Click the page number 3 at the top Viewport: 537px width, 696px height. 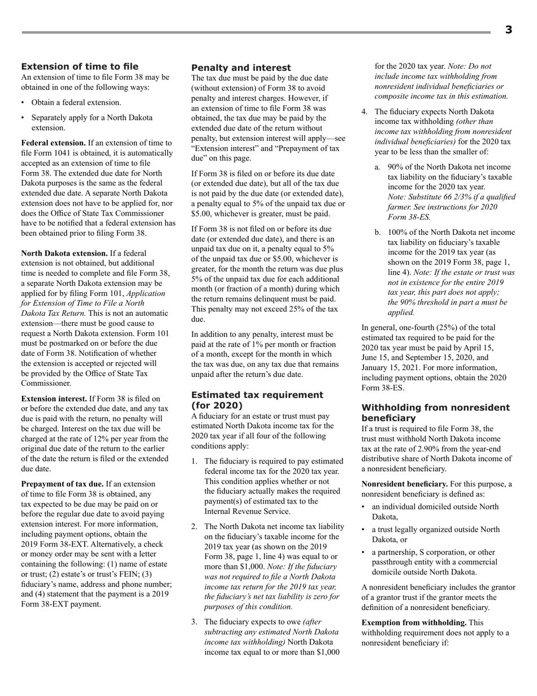click(x=508, y=30)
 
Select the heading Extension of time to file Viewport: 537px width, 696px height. click(x=80, y=67)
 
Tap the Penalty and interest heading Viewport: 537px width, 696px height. click(x=241, y=67)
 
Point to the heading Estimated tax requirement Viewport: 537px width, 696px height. click(x=257, y=395)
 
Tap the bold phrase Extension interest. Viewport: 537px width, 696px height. click(x=54, y=399)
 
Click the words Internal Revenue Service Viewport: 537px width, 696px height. click(x=247, y=512)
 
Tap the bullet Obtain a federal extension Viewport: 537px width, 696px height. click(x=76, y=102)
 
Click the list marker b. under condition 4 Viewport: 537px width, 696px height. click(x=378, y=233)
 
